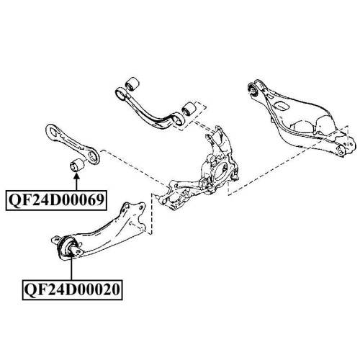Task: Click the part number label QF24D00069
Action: coord(56,200)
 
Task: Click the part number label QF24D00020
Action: coord(73,289)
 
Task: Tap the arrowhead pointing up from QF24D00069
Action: coord(76,177)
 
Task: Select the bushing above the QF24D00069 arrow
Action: coord(76,165)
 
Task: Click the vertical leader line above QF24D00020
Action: coord(71,268)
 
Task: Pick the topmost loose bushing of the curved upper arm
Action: coord(132,84)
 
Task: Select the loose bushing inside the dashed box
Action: coord(189,109)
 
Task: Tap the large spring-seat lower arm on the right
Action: coord(300,120)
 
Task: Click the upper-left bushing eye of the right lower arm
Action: coord(253,89)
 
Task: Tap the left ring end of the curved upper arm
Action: coord(121,94)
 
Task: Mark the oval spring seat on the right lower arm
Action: coord(281,106)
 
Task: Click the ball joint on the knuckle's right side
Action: coord(235,174)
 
